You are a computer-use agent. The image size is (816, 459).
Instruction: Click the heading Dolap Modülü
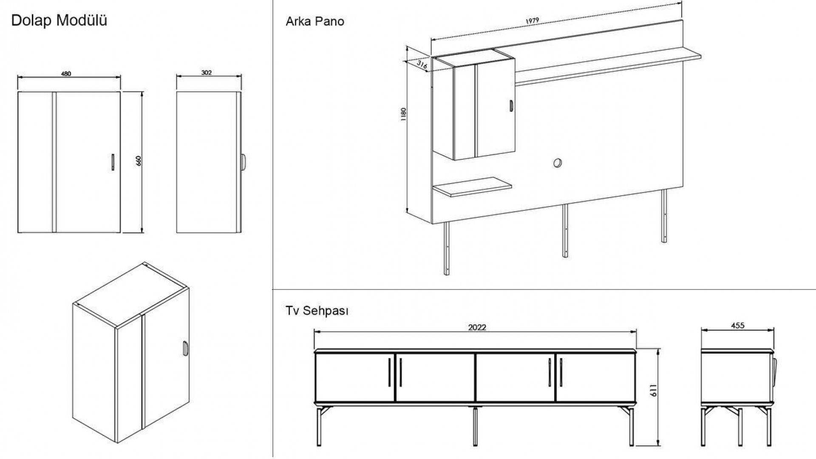(x=59, y=20)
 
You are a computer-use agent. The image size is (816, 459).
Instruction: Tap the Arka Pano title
(x=314, y=21)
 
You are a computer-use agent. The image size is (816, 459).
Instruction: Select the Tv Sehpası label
(x=317, y=311)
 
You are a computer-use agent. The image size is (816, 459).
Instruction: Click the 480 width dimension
(x=66, y=74)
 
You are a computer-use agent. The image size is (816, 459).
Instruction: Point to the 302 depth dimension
(x=207, y=73)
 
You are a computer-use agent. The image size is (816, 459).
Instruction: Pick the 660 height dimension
(x=138, y=161)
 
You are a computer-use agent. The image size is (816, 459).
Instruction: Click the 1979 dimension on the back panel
(x=532, y=21)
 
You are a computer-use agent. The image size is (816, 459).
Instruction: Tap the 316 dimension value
(x=422, y=65)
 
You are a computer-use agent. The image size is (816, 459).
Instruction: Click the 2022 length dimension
(x=477, y=327)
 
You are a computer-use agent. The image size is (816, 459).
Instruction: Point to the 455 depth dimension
(x=738, y=326)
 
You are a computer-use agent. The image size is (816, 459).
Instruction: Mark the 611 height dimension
(x=654, y=391)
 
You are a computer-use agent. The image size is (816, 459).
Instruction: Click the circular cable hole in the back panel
(x=558, y=163)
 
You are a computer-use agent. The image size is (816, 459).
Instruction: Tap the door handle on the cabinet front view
(x=113, y=162)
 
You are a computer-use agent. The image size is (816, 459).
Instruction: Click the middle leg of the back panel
(x=565, y=230)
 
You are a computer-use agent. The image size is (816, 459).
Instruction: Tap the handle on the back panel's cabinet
(x=511, y=106)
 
